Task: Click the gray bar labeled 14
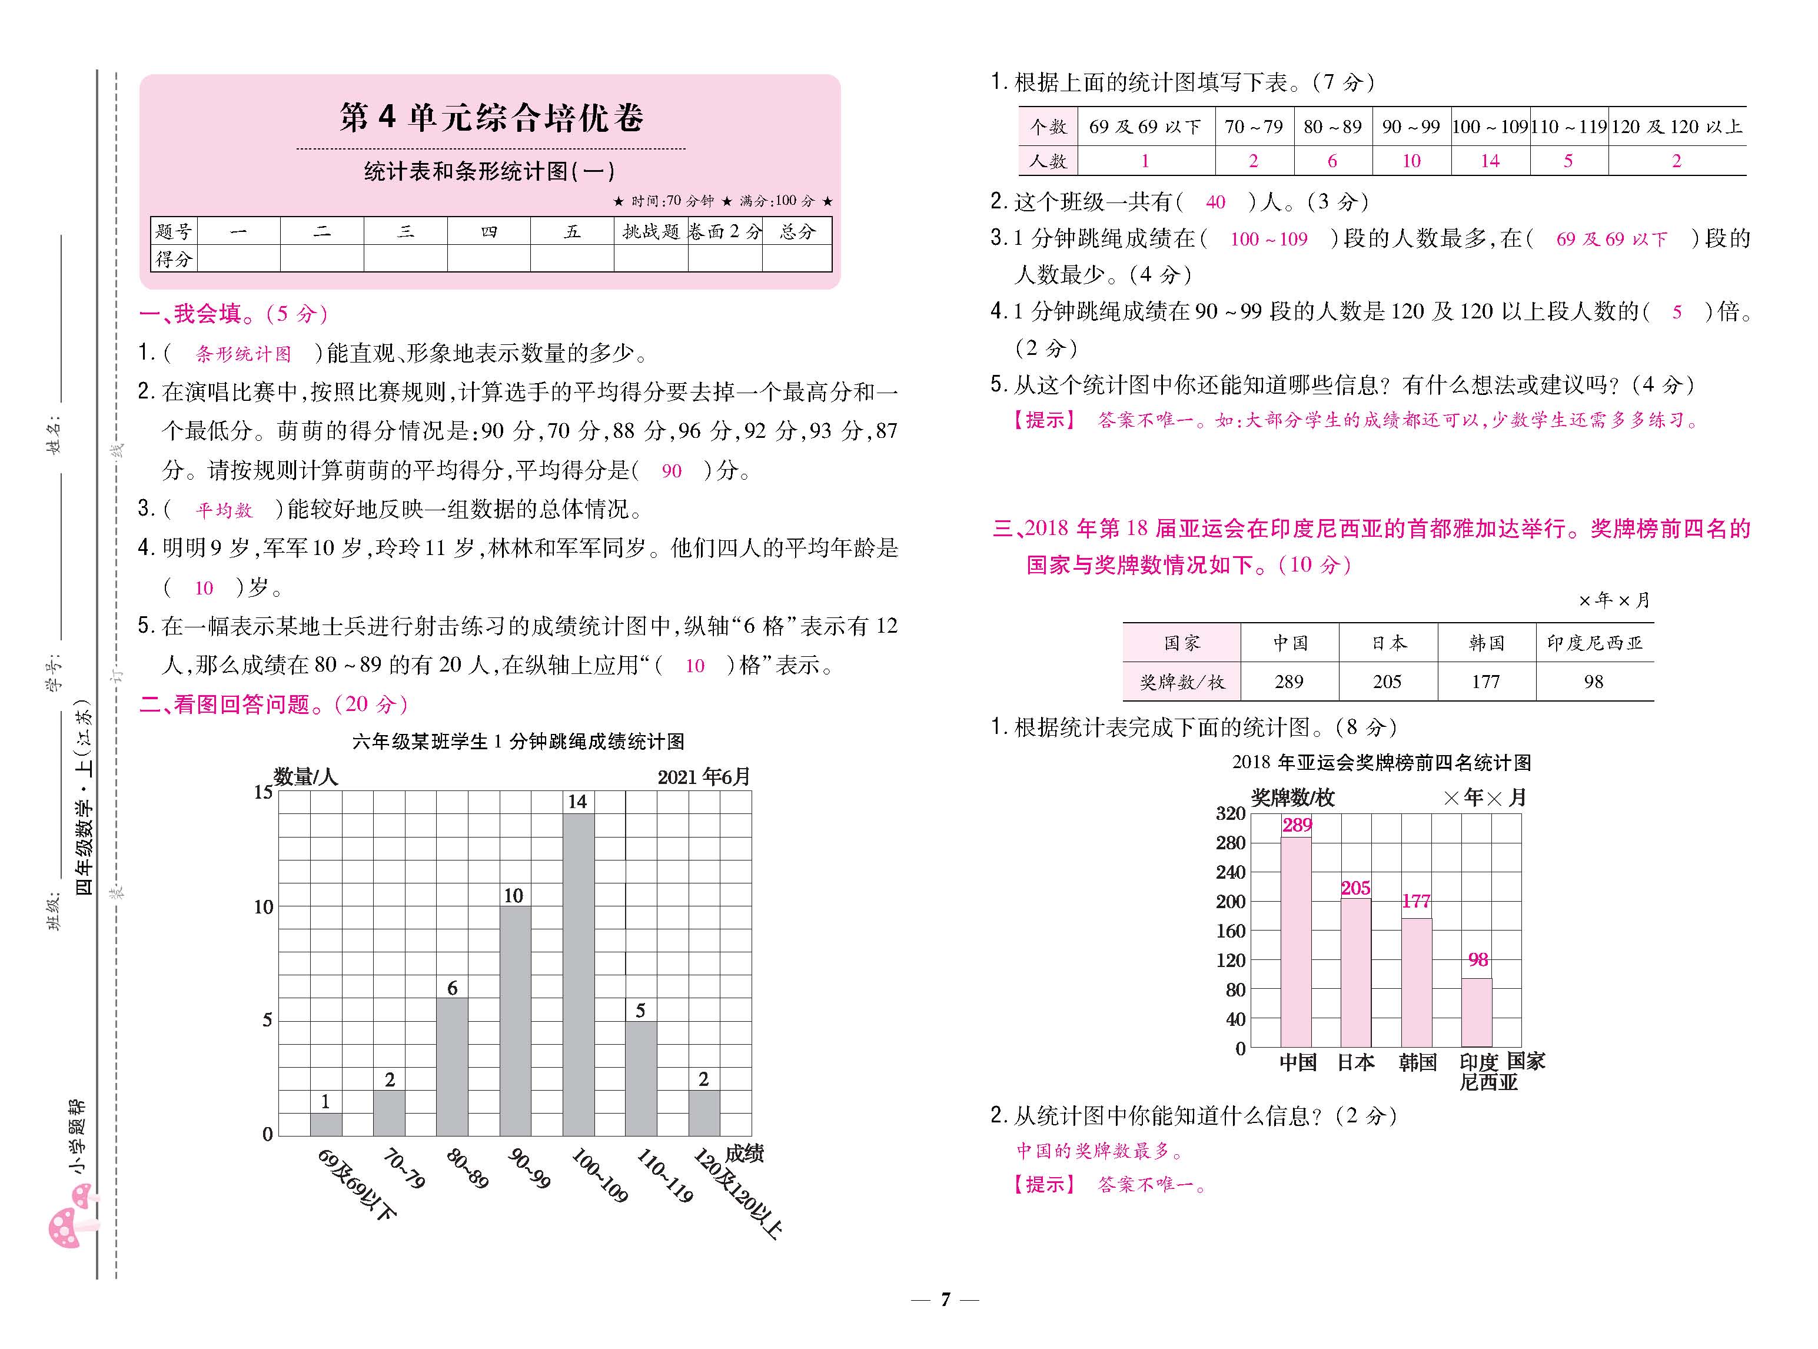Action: pyautogui.click(x=577, y=973)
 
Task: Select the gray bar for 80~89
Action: pyautogui.click(x=451, y=1066)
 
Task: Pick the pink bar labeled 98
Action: pyautogui.click(x=1476, y=1012)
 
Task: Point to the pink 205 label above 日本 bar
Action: pyautogui.click(x=1355, y=888)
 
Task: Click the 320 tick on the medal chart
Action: pyautogui.click(x=1230, y=813)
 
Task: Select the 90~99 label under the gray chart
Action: pyautogui.click(x=529, y=1168)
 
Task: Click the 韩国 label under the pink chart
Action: pyautogui.click(x=1417, y=1062)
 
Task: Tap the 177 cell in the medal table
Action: pyautogui.click(x=1485, y=682)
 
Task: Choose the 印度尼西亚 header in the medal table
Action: pyautogui.click(x=1594, y=643)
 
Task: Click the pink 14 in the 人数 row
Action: pyautogui.click(x=1490, y=161)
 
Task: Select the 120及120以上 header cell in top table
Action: pyautogui.click(x=1677, y=127)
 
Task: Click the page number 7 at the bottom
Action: pyautogui.click(x=945, y=1299)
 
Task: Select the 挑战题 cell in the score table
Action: pyautogui.click(x=650, y=232)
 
